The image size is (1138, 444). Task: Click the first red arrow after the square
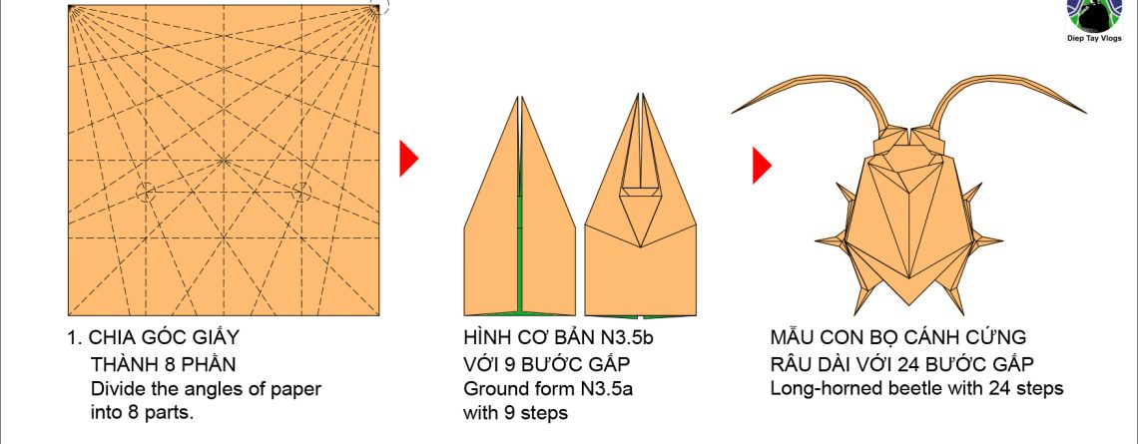click(407, 159)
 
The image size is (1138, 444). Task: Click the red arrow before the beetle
click(761, 166)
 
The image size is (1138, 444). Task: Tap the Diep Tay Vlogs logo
click(1094, 17)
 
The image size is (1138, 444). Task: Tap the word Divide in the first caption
click(116, 388)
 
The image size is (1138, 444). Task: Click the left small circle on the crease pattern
click(146, 192)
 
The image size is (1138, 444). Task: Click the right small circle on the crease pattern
click(299, 192)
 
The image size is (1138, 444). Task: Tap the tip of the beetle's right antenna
click(1086, 110)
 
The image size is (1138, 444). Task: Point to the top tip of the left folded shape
click(519, 98)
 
